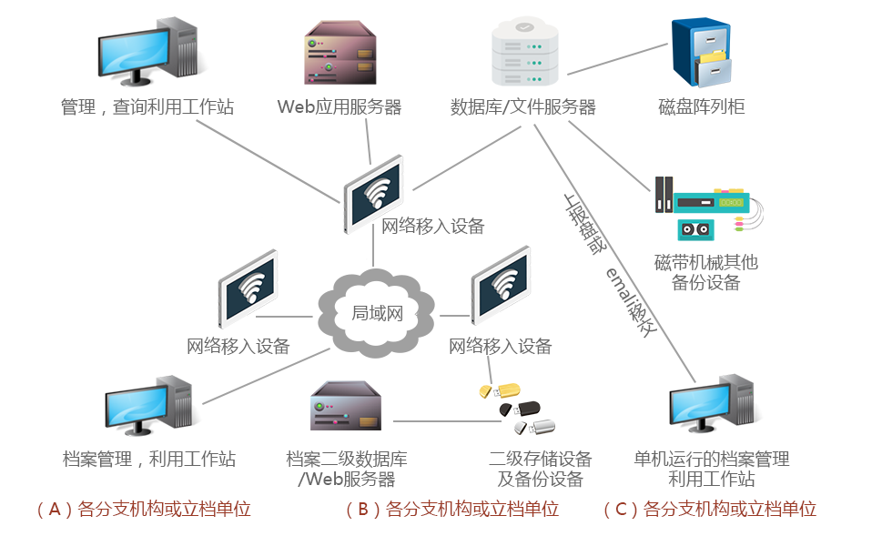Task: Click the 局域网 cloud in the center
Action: point(376,313)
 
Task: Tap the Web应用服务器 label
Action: point(340,107)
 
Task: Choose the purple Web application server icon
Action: point(340,53)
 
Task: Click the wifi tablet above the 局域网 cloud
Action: point(374,192)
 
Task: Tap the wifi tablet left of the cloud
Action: point(248,287)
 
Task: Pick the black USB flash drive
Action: point(520,410)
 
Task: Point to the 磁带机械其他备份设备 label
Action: point(705,272)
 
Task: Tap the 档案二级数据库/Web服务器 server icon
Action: point(345,406)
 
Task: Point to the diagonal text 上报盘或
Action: point(583,222)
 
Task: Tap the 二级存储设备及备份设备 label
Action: point(540,469)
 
